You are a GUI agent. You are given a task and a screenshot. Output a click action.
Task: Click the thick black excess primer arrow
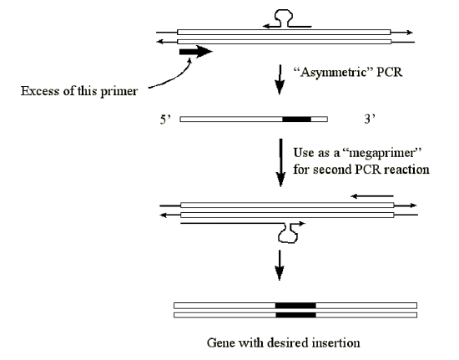[195, 52]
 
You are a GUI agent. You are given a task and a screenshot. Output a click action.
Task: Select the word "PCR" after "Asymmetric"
[390, 72]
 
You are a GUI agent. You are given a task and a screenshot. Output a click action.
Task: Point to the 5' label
[165, 119]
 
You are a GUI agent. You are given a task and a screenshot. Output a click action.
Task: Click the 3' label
[370, 119]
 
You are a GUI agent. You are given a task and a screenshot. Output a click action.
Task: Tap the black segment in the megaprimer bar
[296, 119]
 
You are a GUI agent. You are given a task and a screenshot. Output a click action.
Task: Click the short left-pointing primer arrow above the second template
[372, 196]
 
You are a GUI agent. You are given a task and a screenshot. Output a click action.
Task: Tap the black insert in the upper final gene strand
[295, 306]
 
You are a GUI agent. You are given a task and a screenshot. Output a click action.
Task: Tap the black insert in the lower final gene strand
[295, 315]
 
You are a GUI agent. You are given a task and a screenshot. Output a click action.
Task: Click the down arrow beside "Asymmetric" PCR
[280, 79]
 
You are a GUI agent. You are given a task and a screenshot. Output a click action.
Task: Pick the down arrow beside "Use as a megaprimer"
[281, 163]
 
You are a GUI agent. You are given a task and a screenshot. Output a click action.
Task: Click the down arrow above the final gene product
[280, 265]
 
